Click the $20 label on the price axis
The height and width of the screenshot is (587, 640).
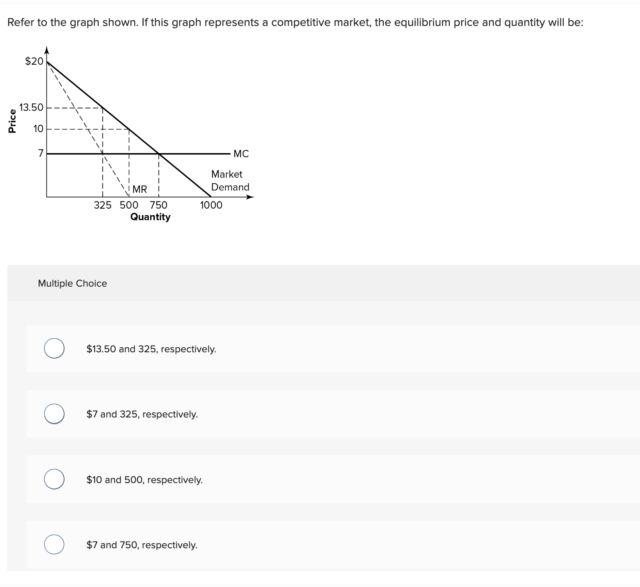(34, 61)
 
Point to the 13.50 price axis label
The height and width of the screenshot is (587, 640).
(31, 108)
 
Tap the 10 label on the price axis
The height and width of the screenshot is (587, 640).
(38, 129)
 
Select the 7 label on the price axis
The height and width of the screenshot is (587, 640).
(41, 154)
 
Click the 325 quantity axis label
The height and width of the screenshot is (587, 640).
(102, 205)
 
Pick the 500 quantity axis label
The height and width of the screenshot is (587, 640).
(129, 205)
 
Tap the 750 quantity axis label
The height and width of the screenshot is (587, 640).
(158, 205)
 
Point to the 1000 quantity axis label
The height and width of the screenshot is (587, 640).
(211, 205)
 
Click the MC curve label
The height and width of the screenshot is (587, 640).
(241, 154)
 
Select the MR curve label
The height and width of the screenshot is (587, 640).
(140, 189)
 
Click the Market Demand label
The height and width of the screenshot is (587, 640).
(230, 180)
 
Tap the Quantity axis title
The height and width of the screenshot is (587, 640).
(150, 217)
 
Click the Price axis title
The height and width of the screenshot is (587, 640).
(12, 121)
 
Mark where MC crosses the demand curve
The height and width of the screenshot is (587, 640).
(158, 154)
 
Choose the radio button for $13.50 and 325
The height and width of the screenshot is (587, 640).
(54, 349)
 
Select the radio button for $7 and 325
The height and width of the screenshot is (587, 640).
(54, 414)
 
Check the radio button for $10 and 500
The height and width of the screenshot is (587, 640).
(54, 479)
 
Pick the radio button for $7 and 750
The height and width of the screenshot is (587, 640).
(54, 545)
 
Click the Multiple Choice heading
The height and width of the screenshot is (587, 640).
(72, 283)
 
